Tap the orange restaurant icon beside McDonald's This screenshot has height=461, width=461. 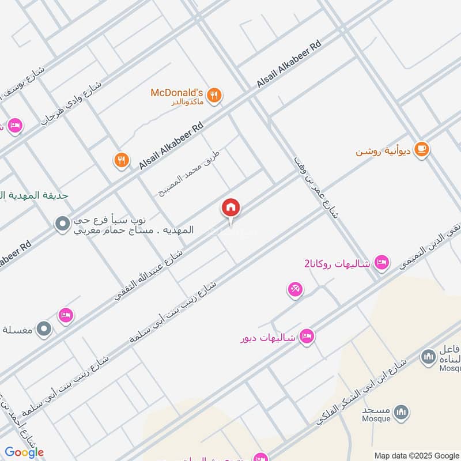tap(214, 96)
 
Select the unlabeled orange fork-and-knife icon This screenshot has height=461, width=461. tap(120, 160)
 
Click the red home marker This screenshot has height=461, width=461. tap(231, 207)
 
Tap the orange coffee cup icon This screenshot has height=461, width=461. tap(422, 149)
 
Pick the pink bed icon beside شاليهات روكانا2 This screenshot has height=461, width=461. tap(381, 263)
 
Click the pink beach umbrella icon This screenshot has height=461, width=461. tap(295, 289)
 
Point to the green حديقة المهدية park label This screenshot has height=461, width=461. tap(34, 195)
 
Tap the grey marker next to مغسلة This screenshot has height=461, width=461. tap(44, 329)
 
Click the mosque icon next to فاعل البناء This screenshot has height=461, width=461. tap(428, 357)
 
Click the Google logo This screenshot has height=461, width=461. tap(24, 452)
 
